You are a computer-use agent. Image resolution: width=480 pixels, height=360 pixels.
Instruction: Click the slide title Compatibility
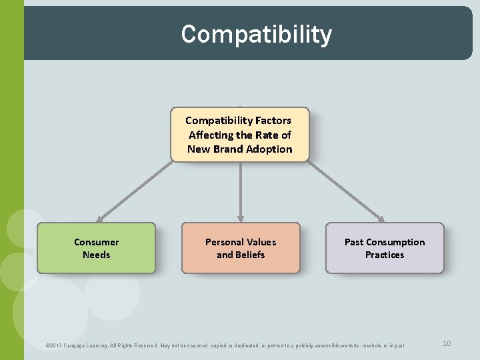pos(256,34)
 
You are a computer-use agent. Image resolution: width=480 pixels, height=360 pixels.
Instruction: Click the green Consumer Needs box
pos(96,248)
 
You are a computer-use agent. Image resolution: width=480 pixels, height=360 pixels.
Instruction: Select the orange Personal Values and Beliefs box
pos(241,248)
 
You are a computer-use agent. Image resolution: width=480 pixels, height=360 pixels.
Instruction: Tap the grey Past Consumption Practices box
pos(385,248)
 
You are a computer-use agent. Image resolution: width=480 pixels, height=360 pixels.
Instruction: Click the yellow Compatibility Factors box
pos(240,135)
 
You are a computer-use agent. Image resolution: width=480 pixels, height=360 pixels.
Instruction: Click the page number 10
pos(447,343)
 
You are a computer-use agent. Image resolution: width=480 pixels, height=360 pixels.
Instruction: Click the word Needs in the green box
pos(96,255)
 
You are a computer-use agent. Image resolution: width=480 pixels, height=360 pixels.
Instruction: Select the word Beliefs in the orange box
pos(249,255)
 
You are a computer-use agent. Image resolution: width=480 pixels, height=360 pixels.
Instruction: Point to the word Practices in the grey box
pos(385,255)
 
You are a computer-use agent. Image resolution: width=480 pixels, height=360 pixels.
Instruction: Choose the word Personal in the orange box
pos(224,242)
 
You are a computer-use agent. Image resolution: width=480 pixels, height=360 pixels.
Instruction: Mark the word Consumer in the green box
pos(96,242)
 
